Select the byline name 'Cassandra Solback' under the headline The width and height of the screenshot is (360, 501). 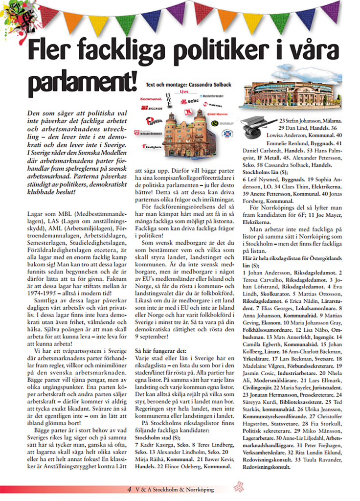(206, 85)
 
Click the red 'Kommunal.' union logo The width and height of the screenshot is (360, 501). (151, 98)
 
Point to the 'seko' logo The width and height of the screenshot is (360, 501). (191, 101)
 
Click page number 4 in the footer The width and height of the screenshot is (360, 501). (129, 489)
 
